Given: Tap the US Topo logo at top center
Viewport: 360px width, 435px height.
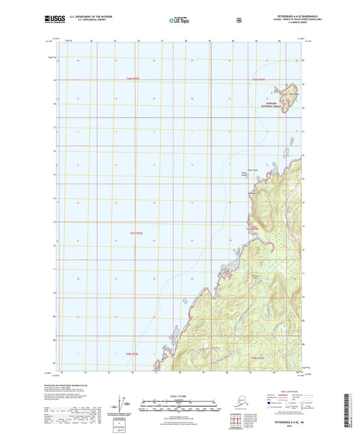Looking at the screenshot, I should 179,21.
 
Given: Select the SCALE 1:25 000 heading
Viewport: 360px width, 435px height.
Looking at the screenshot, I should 180,395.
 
